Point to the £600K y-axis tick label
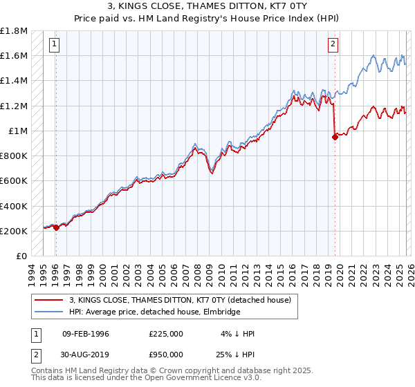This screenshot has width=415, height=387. [x=14, y=181]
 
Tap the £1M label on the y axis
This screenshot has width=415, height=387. [x=18, y=131]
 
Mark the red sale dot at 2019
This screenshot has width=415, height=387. [x=335, y=137]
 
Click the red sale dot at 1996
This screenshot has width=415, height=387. [x=56, y=228]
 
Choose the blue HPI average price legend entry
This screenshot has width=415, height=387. [x=154, y=312]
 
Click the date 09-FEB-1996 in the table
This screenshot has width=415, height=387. [x=85, y=334]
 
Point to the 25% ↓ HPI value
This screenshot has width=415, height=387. [x=234, y=355]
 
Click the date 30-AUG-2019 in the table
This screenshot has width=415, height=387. [x=86, y=355]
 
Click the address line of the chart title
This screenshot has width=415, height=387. [x=207, y=7]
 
